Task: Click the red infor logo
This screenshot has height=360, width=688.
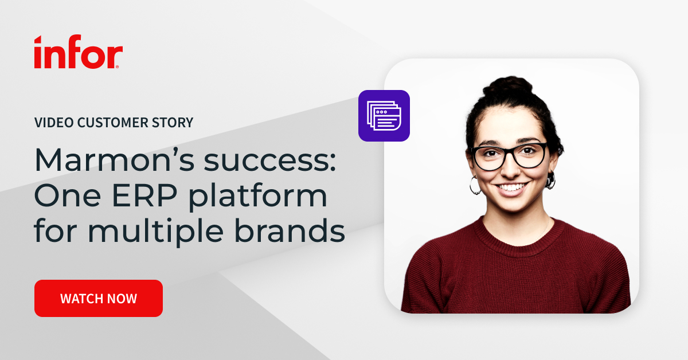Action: coord(78,53)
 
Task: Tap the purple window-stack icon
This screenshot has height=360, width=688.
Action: coord(384,116)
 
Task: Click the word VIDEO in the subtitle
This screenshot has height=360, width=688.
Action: coord(50,122)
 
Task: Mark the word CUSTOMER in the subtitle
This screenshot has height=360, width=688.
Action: coord(115,122)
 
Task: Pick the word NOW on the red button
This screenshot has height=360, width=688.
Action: coord(122,299)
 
